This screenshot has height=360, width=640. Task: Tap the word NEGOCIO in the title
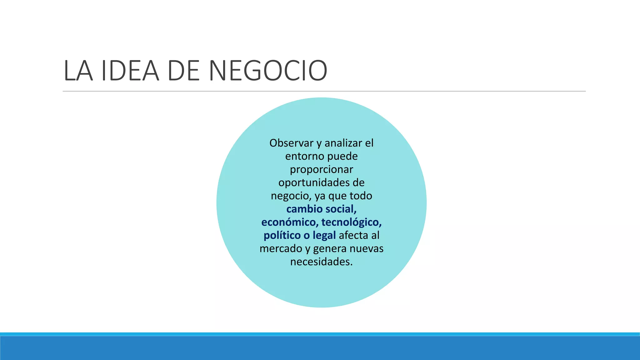[268, 71]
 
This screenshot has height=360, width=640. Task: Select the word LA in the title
[78, 71]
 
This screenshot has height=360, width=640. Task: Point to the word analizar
[343, 143]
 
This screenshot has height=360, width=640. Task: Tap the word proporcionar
[321, 169]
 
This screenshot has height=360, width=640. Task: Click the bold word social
[343, 209]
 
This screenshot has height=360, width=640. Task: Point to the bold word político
[282, 235]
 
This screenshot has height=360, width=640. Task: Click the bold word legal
[324, 235]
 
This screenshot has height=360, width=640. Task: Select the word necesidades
[321, 262]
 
